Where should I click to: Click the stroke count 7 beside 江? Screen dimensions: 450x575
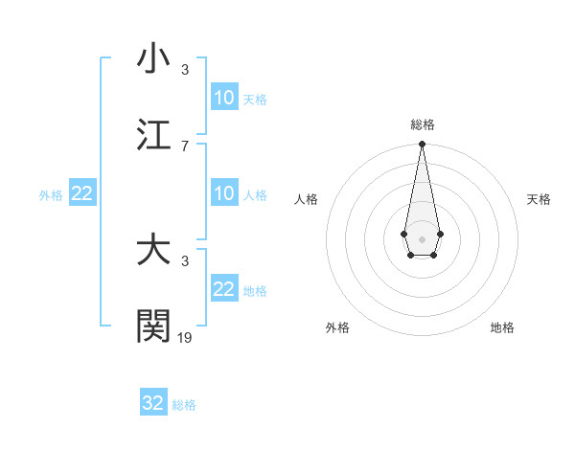click(x=185, y=146)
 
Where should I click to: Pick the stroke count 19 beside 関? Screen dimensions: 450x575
click(x=185, y=337)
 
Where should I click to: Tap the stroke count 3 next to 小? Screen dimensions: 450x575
click(x=185, y=69)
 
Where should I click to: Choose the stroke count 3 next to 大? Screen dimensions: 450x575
click(x=185, y=260)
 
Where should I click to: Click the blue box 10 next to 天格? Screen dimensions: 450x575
click(x=223, y=98)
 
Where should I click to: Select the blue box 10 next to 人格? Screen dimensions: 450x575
click(x=223, y=193)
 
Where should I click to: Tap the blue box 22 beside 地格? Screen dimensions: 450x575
click(x=223, y=289)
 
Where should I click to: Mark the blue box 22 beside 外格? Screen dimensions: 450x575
click(x=82, y=193)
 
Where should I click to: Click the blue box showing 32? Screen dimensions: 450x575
click(x=153, y=403)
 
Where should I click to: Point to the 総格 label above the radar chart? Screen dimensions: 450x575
click(x=422, y=124)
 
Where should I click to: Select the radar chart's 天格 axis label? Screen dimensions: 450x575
click(x=539, y=199)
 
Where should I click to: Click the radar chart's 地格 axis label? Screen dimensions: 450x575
click(x=502, y=327)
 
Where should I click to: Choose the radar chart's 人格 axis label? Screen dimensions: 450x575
click(x=307, y=199)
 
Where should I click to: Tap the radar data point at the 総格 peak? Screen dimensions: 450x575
click(x=422, y=144)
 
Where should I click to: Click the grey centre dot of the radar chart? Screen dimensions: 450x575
click(x=422, y=237)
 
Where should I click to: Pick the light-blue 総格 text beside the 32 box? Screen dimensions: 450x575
click(x=184, y=405)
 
